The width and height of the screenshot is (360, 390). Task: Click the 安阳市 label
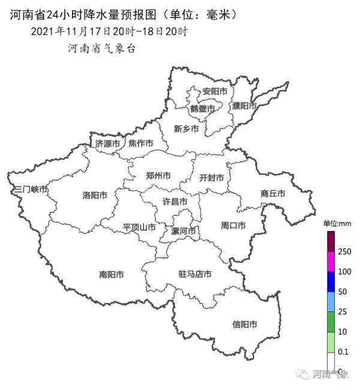215,92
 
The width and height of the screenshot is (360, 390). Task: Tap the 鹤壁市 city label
202,109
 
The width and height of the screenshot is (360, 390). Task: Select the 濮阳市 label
244,106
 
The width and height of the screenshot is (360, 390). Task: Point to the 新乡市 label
186,128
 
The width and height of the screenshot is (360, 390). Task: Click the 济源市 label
107,144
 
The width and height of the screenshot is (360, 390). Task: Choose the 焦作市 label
141,144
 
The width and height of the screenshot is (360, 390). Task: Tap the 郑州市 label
158,176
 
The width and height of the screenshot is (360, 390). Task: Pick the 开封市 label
211,178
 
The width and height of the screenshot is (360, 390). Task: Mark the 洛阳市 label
95,196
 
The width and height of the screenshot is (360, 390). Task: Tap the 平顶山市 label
139,227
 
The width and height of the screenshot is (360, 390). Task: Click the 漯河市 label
184,231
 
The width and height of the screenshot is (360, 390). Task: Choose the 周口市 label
233,226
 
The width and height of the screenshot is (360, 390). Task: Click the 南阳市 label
112,275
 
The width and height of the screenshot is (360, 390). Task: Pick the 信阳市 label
245,325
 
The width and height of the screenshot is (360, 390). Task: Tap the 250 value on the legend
344,251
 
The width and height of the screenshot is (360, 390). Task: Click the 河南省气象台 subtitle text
101,48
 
